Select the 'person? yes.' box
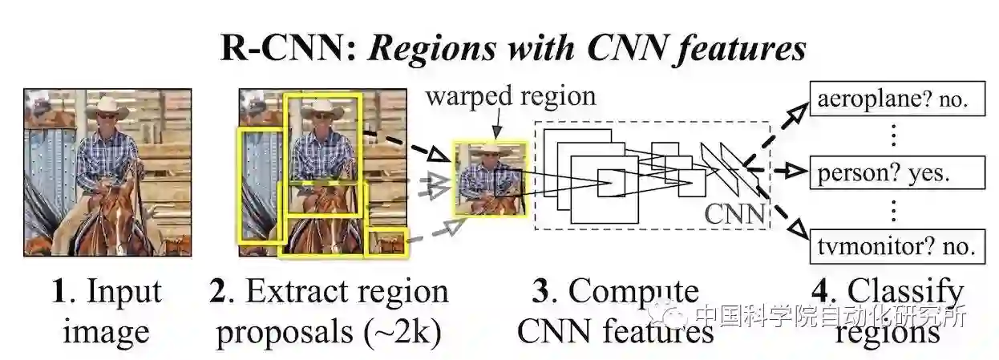896,173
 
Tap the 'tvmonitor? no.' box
896,243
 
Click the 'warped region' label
511,97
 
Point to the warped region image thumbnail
490,179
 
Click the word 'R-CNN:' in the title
285,50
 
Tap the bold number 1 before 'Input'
58,293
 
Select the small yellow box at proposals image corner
387,241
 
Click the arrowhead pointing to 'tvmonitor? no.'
795,230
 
